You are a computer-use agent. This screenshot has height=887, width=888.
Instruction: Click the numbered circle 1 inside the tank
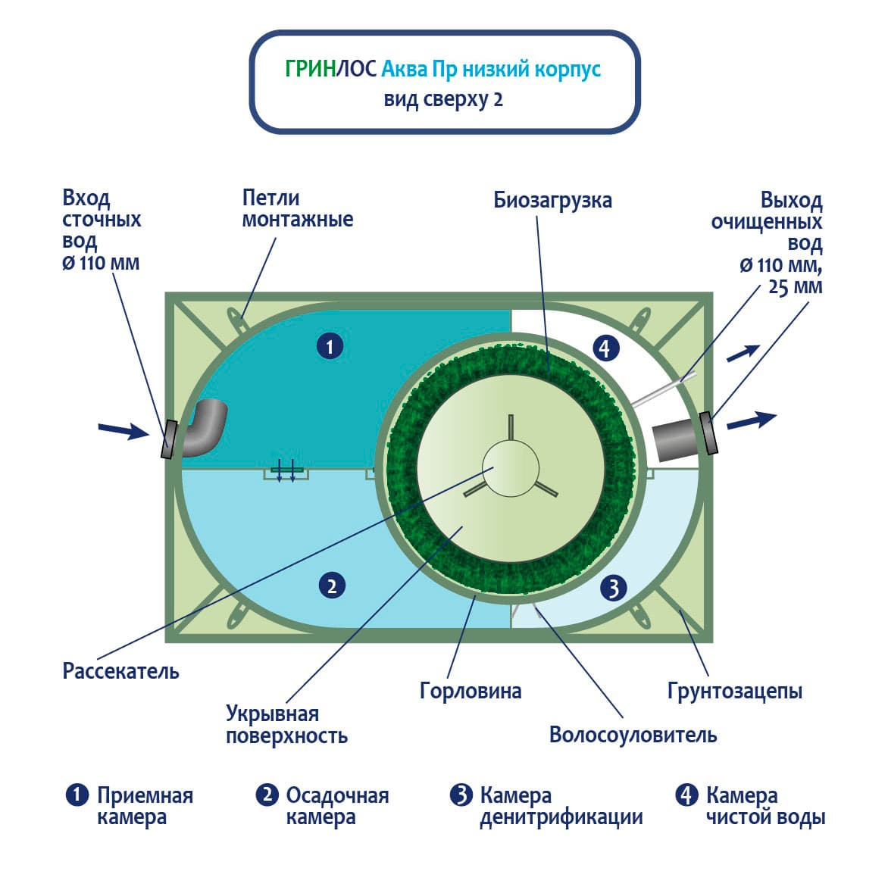pyautogui.click(x=330, y=347)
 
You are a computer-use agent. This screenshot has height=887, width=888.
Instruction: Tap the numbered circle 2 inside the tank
pyautogui.click(x=332, y=586)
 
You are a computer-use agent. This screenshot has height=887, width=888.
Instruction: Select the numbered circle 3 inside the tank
pyautogui.click(x=614, y=587)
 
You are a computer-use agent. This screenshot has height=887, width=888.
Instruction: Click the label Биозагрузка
pyautogui.click(x=552, y=200)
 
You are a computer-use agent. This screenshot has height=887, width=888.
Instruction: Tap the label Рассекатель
pyautogui.click(x=121, y=671)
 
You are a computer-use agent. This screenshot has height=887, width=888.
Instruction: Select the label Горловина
pyautogui.click(x=471, y=691)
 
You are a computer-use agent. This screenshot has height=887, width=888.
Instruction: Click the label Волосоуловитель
pyautogui.click(x=633, y=735)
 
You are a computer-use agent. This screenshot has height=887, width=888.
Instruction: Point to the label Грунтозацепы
pyautogui.click(x=734, y=691)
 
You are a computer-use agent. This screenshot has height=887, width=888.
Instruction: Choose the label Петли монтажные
pyautogui.click(x=297, y=208)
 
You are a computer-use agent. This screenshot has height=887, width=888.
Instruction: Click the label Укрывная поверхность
pyautogui.click(x=286, y=724)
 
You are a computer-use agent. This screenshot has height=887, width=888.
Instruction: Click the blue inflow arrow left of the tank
pyautogui.click(x=124, y=431)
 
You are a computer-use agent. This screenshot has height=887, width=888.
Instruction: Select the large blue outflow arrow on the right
pyautogui.click(x=751, y=420)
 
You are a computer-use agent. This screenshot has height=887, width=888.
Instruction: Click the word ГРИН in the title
pyautogui.click(x=310, y=69)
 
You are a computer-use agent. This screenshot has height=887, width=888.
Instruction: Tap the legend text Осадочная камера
pyautogui.click(x=336, y=806)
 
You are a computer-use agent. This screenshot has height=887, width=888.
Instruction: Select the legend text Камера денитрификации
pyautogui.click(x=561, y=806)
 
